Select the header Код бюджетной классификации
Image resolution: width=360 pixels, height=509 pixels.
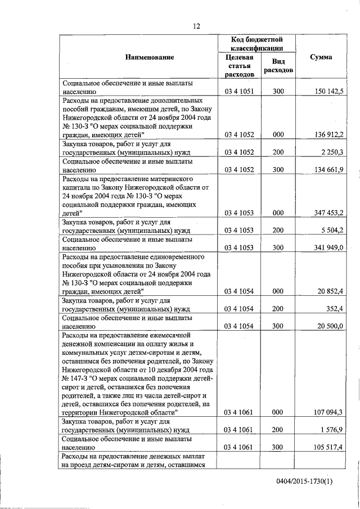coord(256,44)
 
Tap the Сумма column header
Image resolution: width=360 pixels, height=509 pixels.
coord(321,57)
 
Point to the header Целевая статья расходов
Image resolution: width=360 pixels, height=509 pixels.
coord(239,66)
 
